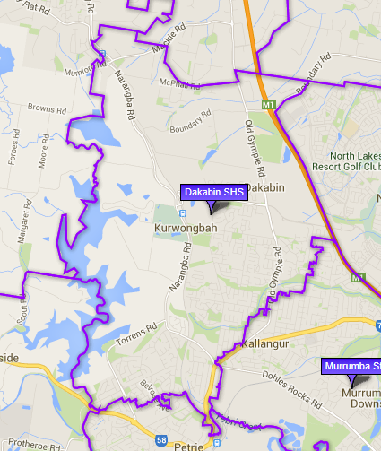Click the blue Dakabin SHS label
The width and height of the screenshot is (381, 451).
[213, 192]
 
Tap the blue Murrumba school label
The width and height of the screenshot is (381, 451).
[351, 366]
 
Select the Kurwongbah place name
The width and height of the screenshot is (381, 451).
[180, 229]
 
